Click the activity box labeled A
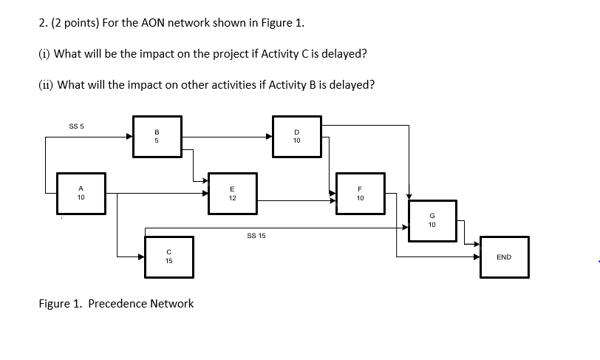[x=81, y=194]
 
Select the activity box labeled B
[x=157, y=136]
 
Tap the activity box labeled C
[x=169, y=257]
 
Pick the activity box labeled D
[x=296, y=136]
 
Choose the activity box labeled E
[x=233, y=194]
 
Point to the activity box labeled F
[x=360, y=194]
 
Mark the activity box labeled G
[x=432, y=220]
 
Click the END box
[x=504, y=257]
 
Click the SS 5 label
[x=76, y=126]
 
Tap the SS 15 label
[x=256, y=236]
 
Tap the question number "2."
[x=44, y=22]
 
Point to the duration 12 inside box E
[x=233, y=199]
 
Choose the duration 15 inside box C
[x=169, y=261]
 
